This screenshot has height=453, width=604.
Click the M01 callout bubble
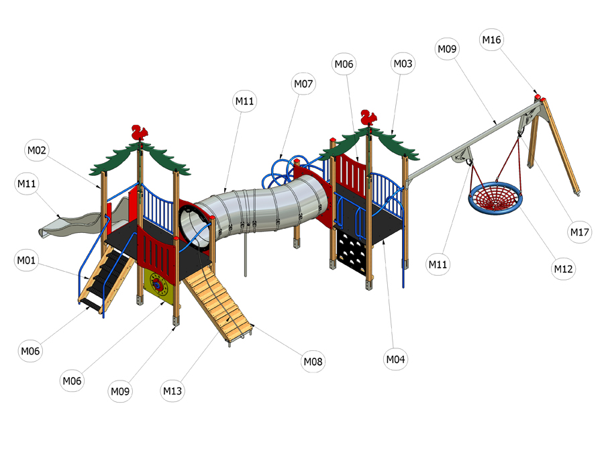click(26, 260)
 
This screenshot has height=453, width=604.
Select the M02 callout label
click(37, 150)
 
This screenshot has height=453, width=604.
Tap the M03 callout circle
click(403, 64)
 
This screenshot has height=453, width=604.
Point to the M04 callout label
click(395, 360)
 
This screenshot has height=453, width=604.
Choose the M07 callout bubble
click(303, 84)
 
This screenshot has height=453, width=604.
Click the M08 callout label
click(313, 362)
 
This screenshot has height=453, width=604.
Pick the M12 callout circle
click(563, 269)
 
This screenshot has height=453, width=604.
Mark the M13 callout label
click(172, 391)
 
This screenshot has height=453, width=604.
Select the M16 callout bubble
click(491, 40)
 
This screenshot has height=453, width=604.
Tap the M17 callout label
click(580, 232)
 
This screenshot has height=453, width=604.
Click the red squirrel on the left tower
click(140, 132)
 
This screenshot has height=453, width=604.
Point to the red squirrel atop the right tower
click(368, 117)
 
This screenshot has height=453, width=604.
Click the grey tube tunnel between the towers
click(254, 210)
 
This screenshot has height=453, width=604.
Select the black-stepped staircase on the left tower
click(106, 278)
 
